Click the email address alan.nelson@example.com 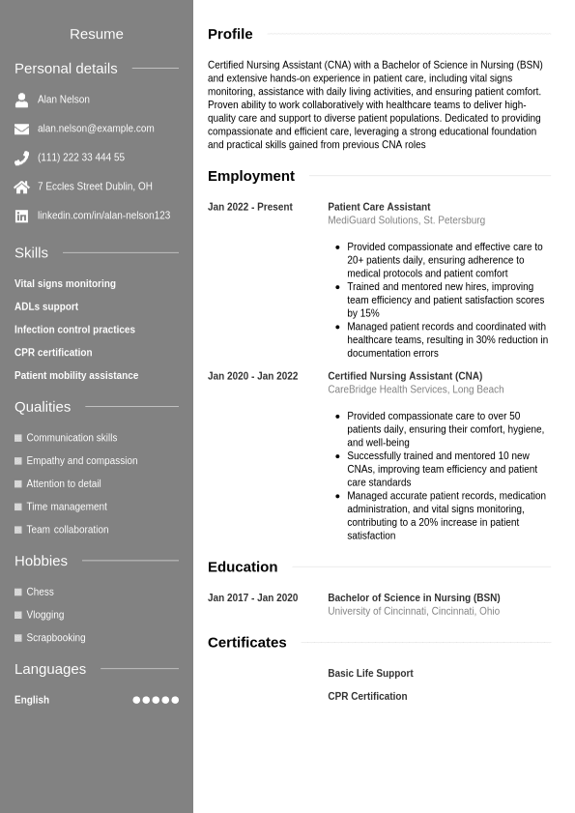coord(96,129)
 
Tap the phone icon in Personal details coord(21,158)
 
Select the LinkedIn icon coord(21,216)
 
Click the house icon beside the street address coord(21,187)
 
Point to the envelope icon coord(21,129)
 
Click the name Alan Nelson coord(64,100)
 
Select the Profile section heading coord(230,34)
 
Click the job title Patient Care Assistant coord(379,207)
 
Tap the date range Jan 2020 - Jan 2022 coord(252,376)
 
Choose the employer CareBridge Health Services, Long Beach coord(416,390)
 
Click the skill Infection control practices coord(74,330)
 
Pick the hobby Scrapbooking coord(56,638)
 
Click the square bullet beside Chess coord(18,592)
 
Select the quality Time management coord(67,507)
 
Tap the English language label coord(32,700)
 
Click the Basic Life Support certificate coord(370,674)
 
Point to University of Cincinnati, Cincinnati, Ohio coord(414,611)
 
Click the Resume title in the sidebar coord(97,34)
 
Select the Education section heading coord(243,566)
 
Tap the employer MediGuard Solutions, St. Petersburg coord(406,220)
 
